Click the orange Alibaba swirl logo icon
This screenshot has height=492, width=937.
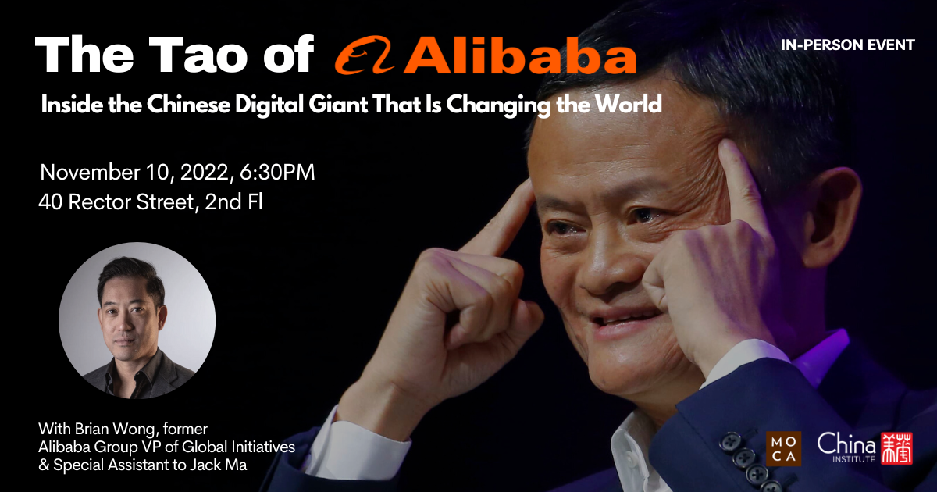[365, 55]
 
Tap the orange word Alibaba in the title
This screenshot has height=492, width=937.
[520, 55]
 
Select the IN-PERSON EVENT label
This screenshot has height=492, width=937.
[848, 45]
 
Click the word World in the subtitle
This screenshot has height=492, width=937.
[629, 104]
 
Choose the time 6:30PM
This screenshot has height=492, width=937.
[277, 173]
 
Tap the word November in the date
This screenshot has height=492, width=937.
[90, 173]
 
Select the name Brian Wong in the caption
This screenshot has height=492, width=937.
[116, 430]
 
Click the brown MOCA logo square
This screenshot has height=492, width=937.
[783, 448]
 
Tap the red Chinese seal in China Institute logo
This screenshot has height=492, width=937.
[896, 448]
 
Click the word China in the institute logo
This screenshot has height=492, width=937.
[846, 444]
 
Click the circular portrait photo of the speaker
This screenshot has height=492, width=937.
[137, 320]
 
